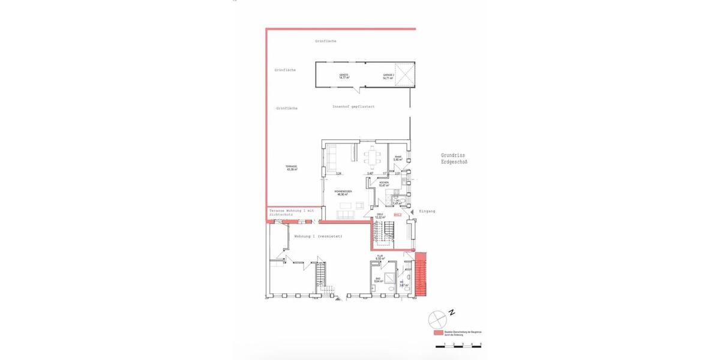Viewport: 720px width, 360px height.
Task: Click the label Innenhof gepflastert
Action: pyautogui.click(x=353, y=107)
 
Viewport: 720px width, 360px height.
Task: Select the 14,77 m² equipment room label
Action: pyautogui.click(x=344, y=77)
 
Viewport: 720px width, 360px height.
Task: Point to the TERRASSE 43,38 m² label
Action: pyautogui.click(x=292, y=169)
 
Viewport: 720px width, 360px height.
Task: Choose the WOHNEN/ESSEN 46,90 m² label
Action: pyautogui.click(x=343, y=193)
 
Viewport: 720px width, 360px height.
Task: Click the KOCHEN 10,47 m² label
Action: pyautogui.click(x=383, y=184)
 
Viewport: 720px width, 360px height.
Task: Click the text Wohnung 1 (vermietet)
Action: pyautogui.click(x=318, y=236)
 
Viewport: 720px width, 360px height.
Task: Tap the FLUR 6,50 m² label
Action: pyautogui.click(x=379, y=257)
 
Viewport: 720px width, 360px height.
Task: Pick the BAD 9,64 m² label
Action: pyautogui.click(x=378, y=280)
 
